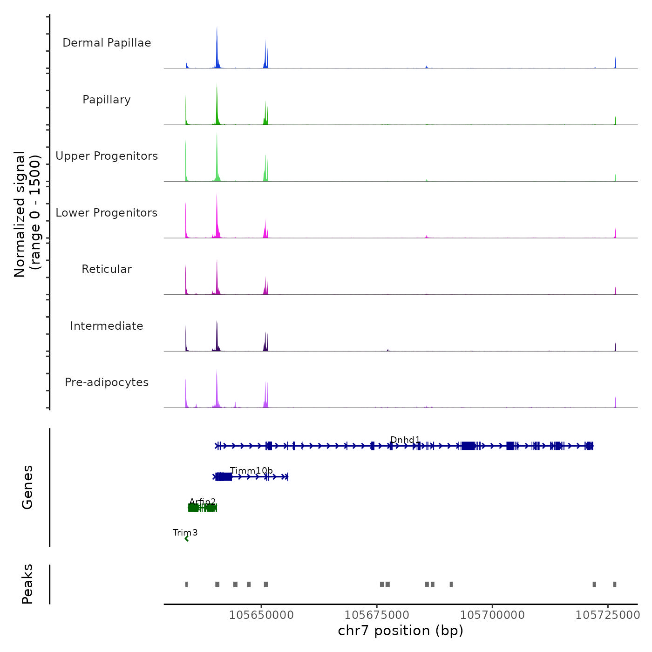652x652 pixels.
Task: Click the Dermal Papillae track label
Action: point(107,43)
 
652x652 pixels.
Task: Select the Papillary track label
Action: point(107,100)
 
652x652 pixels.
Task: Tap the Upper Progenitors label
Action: point(107,156)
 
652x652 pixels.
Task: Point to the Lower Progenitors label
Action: point(107,213)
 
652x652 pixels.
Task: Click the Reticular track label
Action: point(107,269)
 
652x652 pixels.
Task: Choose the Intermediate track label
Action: point(107,326)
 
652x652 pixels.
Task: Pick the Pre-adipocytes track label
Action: point(107,382)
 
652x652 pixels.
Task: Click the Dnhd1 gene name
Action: point(405,440)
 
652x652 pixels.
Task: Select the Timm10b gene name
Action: point(251,471)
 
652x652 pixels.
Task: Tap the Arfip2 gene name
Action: point(203,502)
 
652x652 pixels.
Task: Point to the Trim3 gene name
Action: point(185,532)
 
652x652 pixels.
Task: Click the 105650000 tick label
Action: point(261,615)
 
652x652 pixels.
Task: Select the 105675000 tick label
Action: point(377,615)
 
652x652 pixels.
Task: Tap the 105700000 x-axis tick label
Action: point(492,615)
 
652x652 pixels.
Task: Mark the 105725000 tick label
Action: point(608,615)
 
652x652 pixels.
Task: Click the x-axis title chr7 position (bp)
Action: point(401,631)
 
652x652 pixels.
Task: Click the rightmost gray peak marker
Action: point(615,584)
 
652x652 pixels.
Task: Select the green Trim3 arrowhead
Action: point(187,539)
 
